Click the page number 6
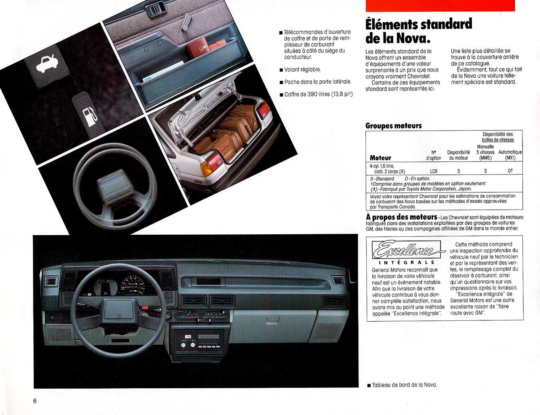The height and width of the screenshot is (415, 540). tap(35, 401)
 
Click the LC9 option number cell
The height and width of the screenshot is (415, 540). tap(433, 172)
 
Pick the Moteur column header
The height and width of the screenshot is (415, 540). tap(380, 158)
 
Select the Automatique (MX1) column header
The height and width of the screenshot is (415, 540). tap(510, 155)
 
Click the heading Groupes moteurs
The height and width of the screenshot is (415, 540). tap(393, 126)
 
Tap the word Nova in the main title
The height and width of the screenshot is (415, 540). tap(413, 38)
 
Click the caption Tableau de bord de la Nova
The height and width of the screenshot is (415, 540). tap(404, 385)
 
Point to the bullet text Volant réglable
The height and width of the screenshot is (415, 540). tap(302, 69)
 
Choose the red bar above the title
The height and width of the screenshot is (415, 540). tap(440, 5)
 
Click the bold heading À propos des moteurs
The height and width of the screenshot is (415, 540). tap(401, 217)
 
